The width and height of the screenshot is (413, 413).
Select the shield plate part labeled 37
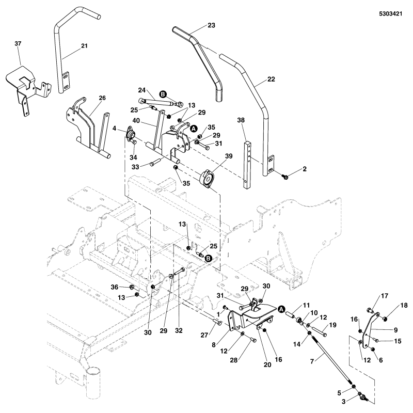26,83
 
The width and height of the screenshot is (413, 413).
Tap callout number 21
84,46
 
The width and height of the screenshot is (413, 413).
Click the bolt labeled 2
285,177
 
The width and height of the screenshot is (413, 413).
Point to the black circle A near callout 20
281,308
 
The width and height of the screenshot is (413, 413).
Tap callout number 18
404,306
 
